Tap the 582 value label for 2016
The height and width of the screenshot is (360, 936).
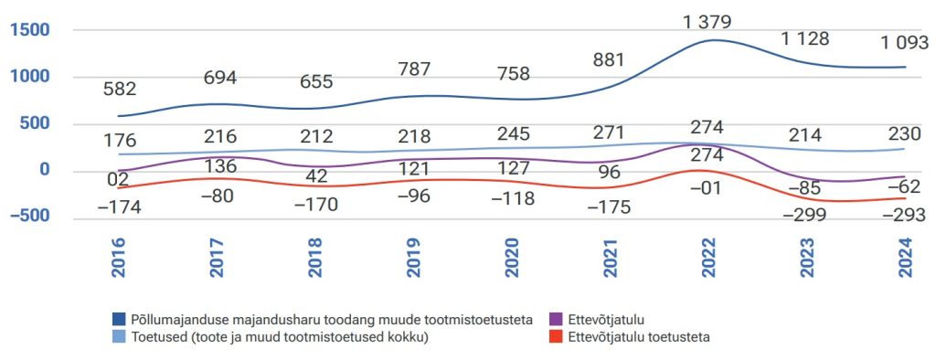(x=120, y=90)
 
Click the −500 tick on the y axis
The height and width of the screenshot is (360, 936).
(x=27, y=217)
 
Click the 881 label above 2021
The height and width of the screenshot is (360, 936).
(x=609, y=61)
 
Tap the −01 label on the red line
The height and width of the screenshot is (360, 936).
(x=707, y=188)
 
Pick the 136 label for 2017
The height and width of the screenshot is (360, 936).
(x=220, y=166)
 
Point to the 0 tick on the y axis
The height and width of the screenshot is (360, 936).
(x=40, y=171)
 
